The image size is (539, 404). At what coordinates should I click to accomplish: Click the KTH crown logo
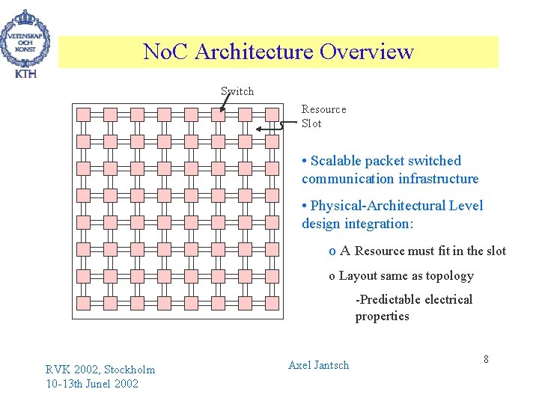[x=25, y=42]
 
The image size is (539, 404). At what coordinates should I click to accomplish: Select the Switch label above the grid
[x=237, y=91]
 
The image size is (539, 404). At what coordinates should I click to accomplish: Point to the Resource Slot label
[x=323, y=116]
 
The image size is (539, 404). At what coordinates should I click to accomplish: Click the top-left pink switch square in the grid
[x=84, y=114]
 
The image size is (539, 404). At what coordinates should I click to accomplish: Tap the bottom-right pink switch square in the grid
[x=272, y=302]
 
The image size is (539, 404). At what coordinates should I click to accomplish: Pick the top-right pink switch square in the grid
[x=272, y=114]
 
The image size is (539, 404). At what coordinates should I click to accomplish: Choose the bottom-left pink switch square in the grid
[x=84, y=302]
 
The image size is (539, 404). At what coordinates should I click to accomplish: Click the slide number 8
[x=486, y=359]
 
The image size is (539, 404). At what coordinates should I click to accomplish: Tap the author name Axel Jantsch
[x=318, y=365]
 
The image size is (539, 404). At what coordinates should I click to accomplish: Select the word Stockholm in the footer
[x=130, y=369]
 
